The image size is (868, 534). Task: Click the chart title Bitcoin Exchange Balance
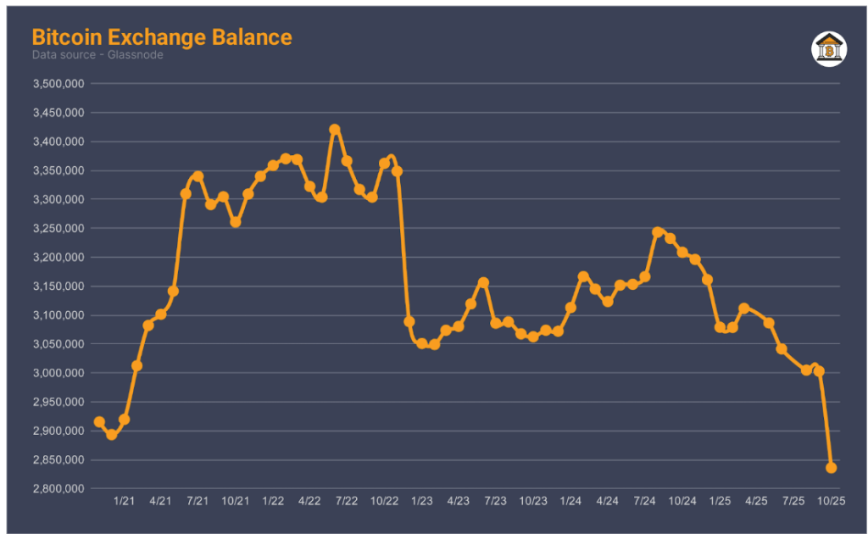click(162, 37)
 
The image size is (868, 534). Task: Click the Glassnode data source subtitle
click(97, 55)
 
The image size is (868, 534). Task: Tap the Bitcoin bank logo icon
click(829, 49)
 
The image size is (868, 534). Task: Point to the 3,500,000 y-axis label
click(58, 84)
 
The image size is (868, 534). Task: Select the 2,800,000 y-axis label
click(58, 489)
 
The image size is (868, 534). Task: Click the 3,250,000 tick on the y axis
click(58, 229)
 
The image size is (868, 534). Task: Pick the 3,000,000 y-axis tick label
click(58, 373)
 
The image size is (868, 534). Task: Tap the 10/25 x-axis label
click(832, 502)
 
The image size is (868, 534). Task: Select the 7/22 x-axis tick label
click(348, 502)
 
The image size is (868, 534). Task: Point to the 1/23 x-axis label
click(421, 502)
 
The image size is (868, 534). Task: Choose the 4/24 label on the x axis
click(608, 502)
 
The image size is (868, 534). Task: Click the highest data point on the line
click(335, 130)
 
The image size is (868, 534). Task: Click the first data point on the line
click(99, 421)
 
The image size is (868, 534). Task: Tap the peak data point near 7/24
click(658, 232)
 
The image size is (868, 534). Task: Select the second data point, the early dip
click(111, 435)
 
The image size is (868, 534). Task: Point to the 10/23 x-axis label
click(533, 502)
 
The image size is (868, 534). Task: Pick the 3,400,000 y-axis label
click(58, 142)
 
